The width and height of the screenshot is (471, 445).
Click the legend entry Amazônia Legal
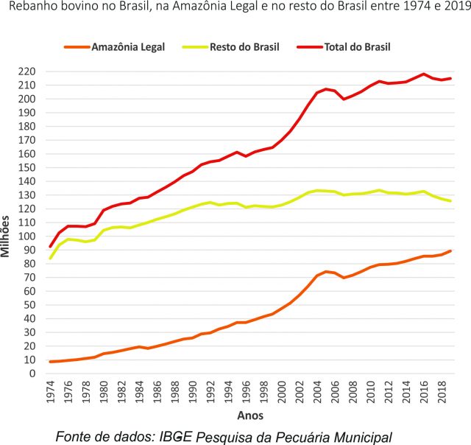pyautogui.click(x=128, y=46)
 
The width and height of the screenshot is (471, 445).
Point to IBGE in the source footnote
pyautogui.click(x=177, y=436)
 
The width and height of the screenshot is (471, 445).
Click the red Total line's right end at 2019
pyautogui.click(x=450, y=78)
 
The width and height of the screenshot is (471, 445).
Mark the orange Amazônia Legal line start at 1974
pyautogui.click(x=50, y=362)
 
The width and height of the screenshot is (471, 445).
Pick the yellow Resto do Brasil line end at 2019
pyautogui.click(x=450, y=201)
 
